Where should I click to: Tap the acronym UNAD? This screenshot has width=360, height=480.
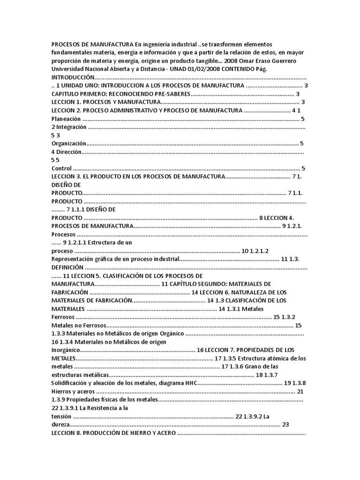click(176, 69)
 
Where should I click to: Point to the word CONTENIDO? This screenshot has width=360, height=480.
click(241, 69)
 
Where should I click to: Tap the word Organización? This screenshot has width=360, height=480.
click(69, 143)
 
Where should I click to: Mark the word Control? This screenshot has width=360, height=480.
click(61, 168)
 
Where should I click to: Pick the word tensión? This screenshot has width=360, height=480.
click(62, 416)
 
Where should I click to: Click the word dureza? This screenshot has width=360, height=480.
click(61, 424)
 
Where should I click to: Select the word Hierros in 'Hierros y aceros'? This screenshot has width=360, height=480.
click(61, 391)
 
